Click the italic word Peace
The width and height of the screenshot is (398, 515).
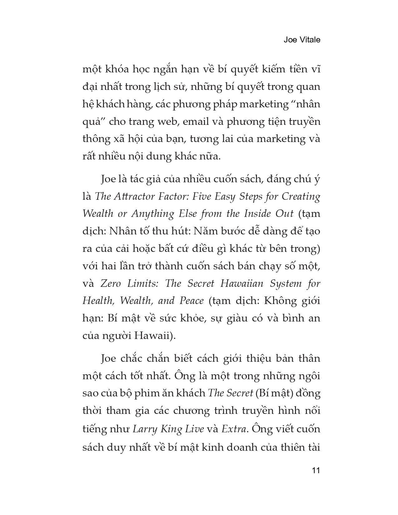pos(191,301)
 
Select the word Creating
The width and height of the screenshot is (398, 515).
pos(301,196)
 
